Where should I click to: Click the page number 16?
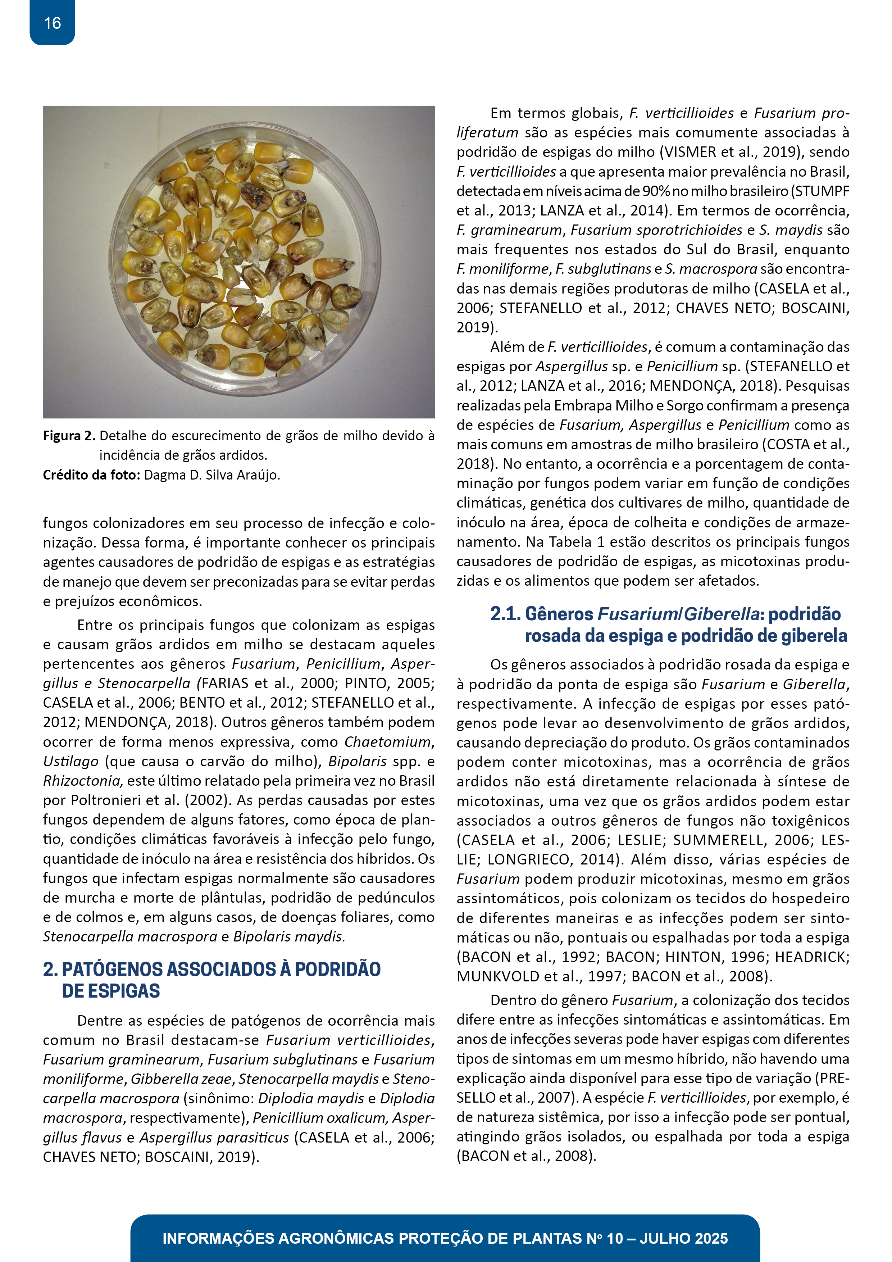tap(52, 23)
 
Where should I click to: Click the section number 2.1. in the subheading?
tap(505, 614)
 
